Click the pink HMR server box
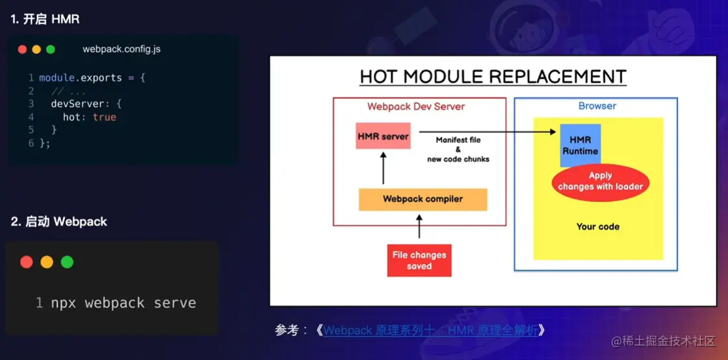[383, 135]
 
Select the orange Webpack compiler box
[423, 199]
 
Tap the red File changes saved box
[419, 261]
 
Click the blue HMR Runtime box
[580, 145]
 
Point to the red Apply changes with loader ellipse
[601, 181]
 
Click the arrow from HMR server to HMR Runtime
[487, 132]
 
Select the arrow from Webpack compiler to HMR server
[383, 168]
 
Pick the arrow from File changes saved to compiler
[419, 226]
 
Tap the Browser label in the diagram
[597, 106]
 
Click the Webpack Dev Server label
[416, 106]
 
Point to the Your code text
[598, 227]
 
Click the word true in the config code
[105, 118]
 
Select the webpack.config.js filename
[122, 49]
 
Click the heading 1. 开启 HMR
[45, 19]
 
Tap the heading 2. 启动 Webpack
[59, 222]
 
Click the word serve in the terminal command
[175, 303]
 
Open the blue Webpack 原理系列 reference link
[431, 330]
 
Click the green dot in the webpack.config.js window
[51, 49]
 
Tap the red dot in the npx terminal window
[27, 262]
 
